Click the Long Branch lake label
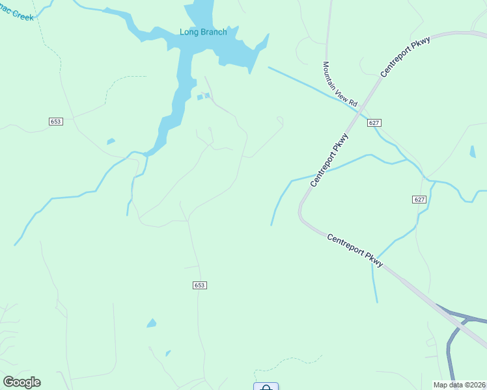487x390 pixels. [x=203, y=32]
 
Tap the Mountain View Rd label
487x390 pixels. [x=340, y=84]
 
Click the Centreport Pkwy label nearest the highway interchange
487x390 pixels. [x=355, y=249]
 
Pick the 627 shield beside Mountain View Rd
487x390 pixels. [x=374, y=122]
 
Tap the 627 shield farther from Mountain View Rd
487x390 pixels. [x=419, y=200]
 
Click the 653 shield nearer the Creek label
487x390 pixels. [x=55, y=122]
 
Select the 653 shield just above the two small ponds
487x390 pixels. [x=200, y=285]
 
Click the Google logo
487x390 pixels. [x=21, y=382]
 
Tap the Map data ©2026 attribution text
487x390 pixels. [x=459, y=385]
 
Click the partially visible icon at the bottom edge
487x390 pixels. [x=266, y=387]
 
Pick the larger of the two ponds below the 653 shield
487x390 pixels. [x=152, y=323]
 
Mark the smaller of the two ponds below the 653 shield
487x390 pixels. [x=168, y=353]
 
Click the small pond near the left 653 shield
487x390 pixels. [x=111, y=141]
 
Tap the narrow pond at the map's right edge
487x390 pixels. [x=472, y=151]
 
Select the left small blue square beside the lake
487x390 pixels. [x=200, y=97]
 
